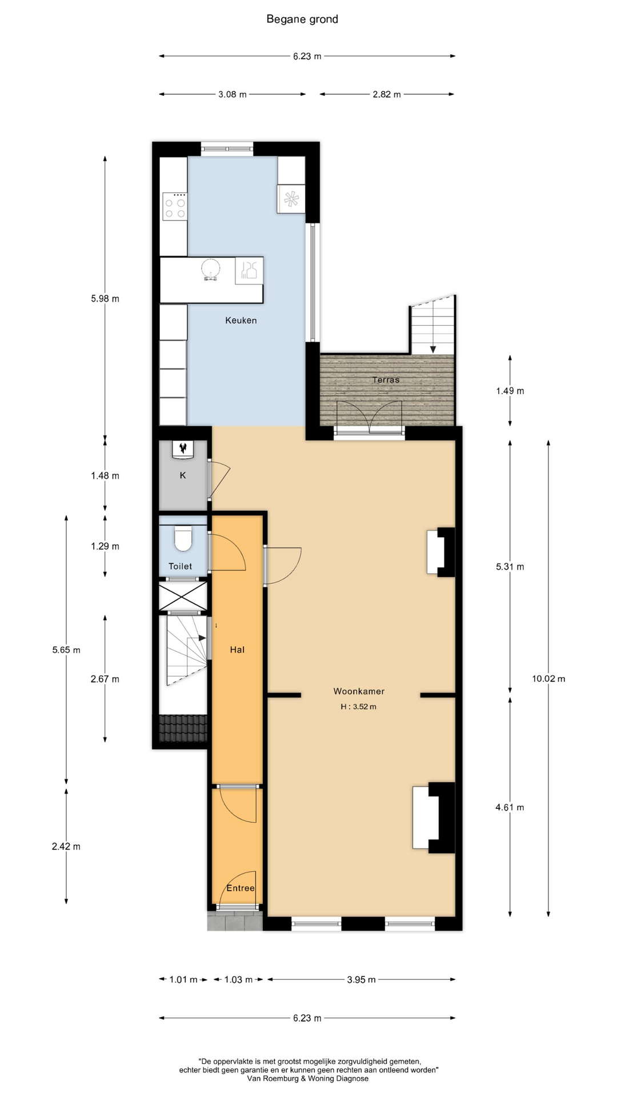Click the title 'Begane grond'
(x=302, y=19)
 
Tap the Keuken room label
(x=241, y=321)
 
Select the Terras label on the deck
(x=386, y=380)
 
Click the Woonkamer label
(x=359, y=691)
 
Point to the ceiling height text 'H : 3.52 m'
(x=359, y=707)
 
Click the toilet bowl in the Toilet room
(x=183, y=539)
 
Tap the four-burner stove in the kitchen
(x=175, y=206)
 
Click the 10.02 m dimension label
(x=548, y=679)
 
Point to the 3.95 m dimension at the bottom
(x=362, y=980)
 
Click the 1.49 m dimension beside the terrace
(x=510, y=391)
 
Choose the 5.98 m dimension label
(x=105, y=299)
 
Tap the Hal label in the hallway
(x=237, y=650)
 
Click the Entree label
(x=241, y=888)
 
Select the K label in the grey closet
(x=183, y=475)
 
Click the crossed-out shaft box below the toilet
(x=183, y=596)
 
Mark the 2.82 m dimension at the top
(x=387, y=94)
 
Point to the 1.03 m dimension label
(x=238, y=980)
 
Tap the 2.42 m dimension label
(x=66, y=847)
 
